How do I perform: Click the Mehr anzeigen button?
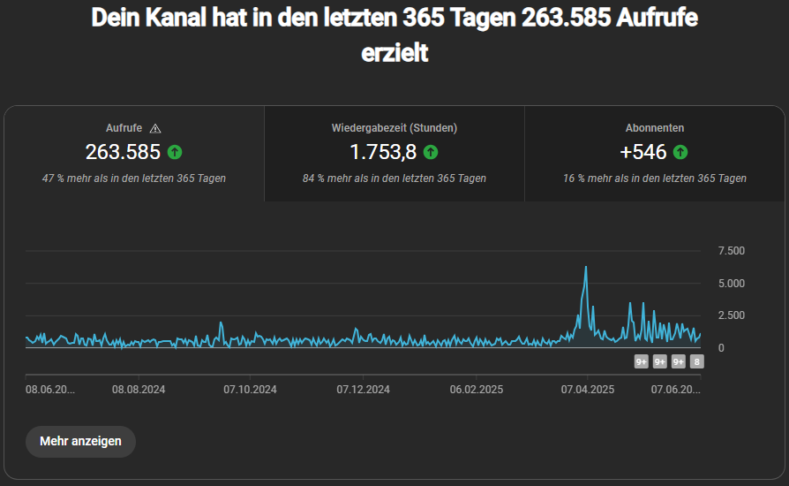tap(80, 441)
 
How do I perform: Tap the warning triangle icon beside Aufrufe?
tap(156, 128)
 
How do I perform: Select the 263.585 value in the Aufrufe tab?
tap(123, 152)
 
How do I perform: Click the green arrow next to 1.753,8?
tap(431, 152)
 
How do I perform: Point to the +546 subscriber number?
tap(643, 152)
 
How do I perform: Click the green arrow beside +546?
tap(680, 152)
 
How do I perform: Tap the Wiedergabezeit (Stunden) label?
tap(394, 128)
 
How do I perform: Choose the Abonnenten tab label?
tap(655, 128)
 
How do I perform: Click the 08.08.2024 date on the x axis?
tap(139, 389)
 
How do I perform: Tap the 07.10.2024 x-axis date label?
tap(251, 389)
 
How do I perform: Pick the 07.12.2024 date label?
tap(364, 389)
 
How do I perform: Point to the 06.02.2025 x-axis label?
tap(476, 389)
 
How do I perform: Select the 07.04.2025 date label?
tap(587, 389)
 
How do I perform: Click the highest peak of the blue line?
tap(585, 267)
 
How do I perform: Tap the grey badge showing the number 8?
tap(697, 361)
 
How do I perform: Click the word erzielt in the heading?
tap(394, 53)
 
